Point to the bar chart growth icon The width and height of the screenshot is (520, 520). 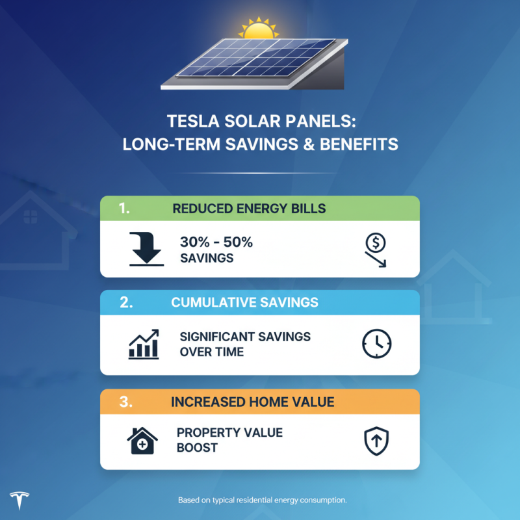(144, 344)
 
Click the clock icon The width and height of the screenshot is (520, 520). (376, 344)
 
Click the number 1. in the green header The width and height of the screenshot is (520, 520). (125, 209)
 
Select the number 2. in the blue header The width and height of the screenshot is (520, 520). (127, 303)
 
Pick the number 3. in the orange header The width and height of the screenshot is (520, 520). (127, 402)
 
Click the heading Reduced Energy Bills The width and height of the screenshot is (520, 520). (249, 209)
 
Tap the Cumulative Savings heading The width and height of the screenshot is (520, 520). (245, 303)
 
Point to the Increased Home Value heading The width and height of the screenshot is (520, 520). (253, 402)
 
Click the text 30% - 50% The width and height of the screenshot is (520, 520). (216, 242)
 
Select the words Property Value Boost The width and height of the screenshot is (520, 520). (229, 440)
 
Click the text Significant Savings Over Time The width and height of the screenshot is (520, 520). (245, 344)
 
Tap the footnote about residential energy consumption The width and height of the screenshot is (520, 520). (263, 500)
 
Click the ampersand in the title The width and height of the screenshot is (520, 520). (305, 144)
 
